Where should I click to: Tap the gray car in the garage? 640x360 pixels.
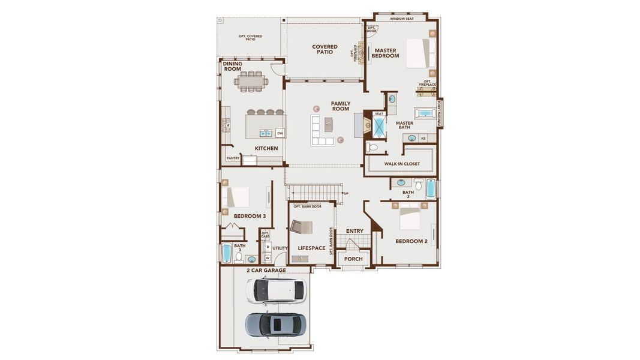point(276,324)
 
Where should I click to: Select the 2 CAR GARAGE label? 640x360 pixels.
point(266,270)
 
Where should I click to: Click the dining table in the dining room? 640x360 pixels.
point(252,80)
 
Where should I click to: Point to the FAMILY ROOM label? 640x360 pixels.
point(341,106)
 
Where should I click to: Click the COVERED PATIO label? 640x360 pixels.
point(325,49)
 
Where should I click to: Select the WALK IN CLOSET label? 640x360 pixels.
point(402,164)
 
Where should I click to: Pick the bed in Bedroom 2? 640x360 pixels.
point(410,217)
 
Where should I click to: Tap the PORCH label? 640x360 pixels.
point(353,259)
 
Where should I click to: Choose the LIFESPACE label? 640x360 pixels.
point(311,248)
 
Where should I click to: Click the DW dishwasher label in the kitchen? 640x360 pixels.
point(280,133)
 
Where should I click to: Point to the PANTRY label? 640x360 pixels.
point(233,158)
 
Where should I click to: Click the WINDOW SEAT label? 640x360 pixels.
point(401,19)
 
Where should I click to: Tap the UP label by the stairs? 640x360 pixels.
point(346,193)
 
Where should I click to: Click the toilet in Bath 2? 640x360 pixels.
point(418,184)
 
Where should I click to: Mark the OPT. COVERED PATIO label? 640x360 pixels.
point(250,37)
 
